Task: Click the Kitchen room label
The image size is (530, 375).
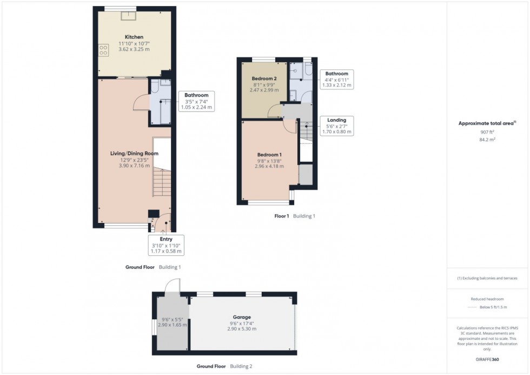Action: click(134, 37)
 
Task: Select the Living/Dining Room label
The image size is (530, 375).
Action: click(134, 153)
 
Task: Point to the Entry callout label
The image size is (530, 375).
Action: click(167, 245)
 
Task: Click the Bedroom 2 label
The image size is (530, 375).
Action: click(264, 78)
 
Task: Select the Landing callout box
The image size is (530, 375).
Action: click(336, 126)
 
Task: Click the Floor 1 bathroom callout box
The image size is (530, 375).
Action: click(336, 79)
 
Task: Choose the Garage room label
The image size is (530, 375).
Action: click(242, 317)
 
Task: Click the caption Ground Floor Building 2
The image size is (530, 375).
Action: click(224, 366)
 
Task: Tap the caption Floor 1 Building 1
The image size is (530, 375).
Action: click(295, 216)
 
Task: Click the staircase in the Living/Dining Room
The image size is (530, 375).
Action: click(161, 182)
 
